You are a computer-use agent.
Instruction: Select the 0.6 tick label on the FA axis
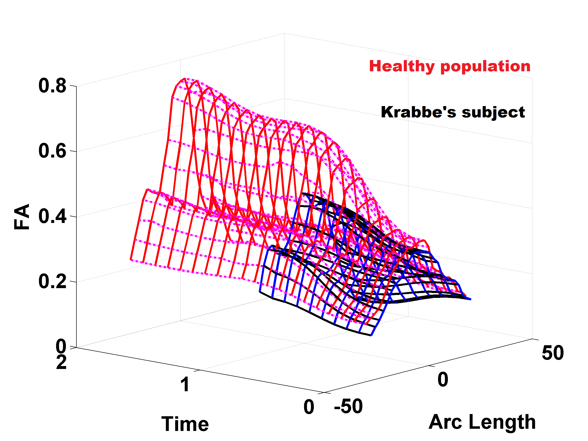tap(52, 151)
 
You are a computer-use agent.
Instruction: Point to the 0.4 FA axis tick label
tap(52, 216)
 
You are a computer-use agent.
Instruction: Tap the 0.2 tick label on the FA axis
tap(52, 282)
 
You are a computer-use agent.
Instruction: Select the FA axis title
tap(22, 217)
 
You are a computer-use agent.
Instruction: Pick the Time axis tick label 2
tap(61, 362)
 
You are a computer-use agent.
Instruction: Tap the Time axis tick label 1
tap(185, 385)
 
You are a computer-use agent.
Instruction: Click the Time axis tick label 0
tap(309, 407)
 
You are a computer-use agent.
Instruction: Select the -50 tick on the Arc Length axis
tap(348, 406)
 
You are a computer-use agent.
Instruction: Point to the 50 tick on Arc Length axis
tap(553, 353)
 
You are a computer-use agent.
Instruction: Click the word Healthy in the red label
tap(401, 66)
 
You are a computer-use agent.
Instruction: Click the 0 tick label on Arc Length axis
tap(443, 380)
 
